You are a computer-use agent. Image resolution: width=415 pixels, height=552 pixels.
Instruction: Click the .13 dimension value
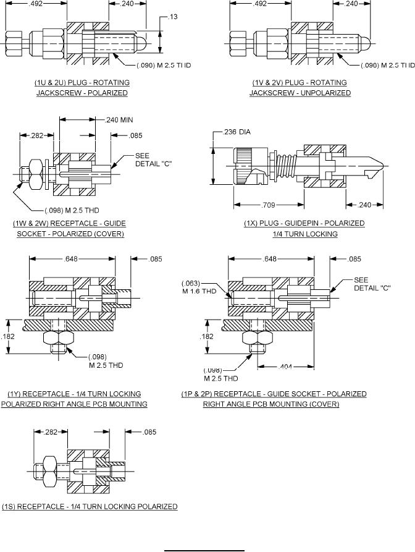point(174,17)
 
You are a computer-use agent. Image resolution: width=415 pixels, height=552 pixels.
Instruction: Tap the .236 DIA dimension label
point(237,132)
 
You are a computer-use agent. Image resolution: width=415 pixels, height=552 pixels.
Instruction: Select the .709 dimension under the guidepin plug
point(269,205)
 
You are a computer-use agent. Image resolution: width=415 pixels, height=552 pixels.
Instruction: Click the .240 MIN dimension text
point(119,120)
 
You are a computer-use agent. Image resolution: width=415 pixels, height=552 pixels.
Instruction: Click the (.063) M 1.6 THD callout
point(199,287)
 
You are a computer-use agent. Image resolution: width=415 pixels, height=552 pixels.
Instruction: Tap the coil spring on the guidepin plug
point(285,166)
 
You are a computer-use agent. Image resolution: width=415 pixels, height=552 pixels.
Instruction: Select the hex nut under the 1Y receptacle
point(59,338)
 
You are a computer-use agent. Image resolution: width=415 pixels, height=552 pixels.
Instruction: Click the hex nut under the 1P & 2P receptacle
point(258,338)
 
